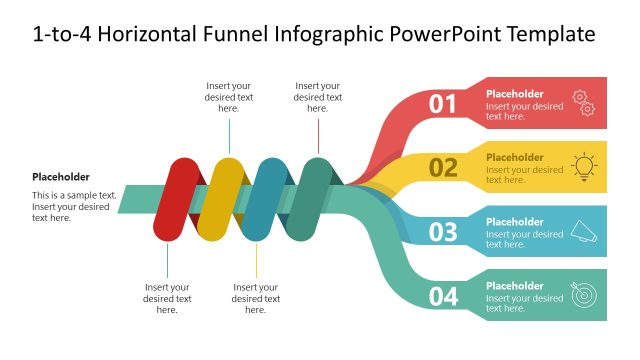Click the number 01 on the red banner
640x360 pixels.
pos(443,103)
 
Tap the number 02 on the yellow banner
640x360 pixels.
pos(443,167)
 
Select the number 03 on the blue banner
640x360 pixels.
pos(443,232)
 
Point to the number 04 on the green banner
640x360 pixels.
pos(443,296)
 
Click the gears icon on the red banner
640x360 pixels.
pos(583,103)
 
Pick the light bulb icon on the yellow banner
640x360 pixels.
pos(583,166)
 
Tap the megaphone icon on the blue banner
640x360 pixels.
pos(582,232)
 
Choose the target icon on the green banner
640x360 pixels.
pos(582,295)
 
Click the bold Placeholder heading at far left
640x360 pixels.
pos(61,176)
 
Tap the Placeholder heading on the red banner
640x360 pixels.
pos(515,93)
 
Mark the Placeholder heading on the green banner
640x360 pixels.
pos(515,286)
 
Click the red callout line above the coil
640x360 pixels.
pos(318,134)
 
